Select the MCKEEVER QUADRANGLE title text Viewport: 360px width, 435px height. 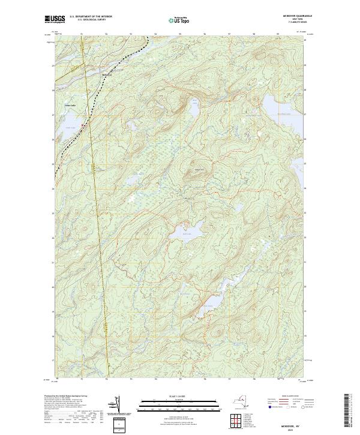[x=298, y=16]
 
